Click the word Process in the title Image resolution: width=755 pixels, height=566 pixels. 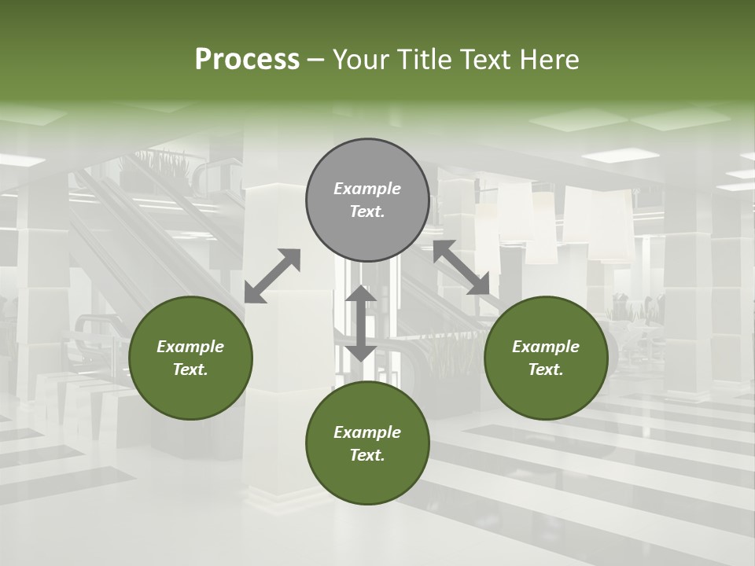coord(247,60)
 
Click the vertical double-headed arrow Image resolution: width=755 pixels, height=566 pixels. coord(361,323)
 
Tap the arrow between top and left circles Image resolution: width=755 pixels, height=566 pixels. coord(272,275)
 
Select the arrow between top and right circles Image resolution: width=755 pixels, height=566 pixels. coord(461,267)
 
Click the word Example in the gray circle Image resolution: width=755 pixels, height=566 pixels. coord(367,189)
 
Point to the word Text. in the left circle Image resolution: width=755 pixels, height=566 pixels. coord(190,369)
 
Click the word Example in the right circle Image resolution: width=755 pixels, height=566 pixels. coord(546,347)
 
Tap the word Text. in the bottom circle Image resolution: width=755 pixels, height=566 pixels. coord(367,455)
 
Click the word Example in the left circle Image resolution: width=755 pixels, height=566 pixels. coord(190,347)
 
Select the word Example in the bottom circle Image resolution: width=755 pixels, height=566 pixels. coord(367,432)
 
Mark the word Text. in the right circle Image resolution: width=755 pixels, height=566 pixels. coord(546,369)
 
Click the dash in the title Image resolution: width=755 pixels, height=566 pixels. coord(316,61)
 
